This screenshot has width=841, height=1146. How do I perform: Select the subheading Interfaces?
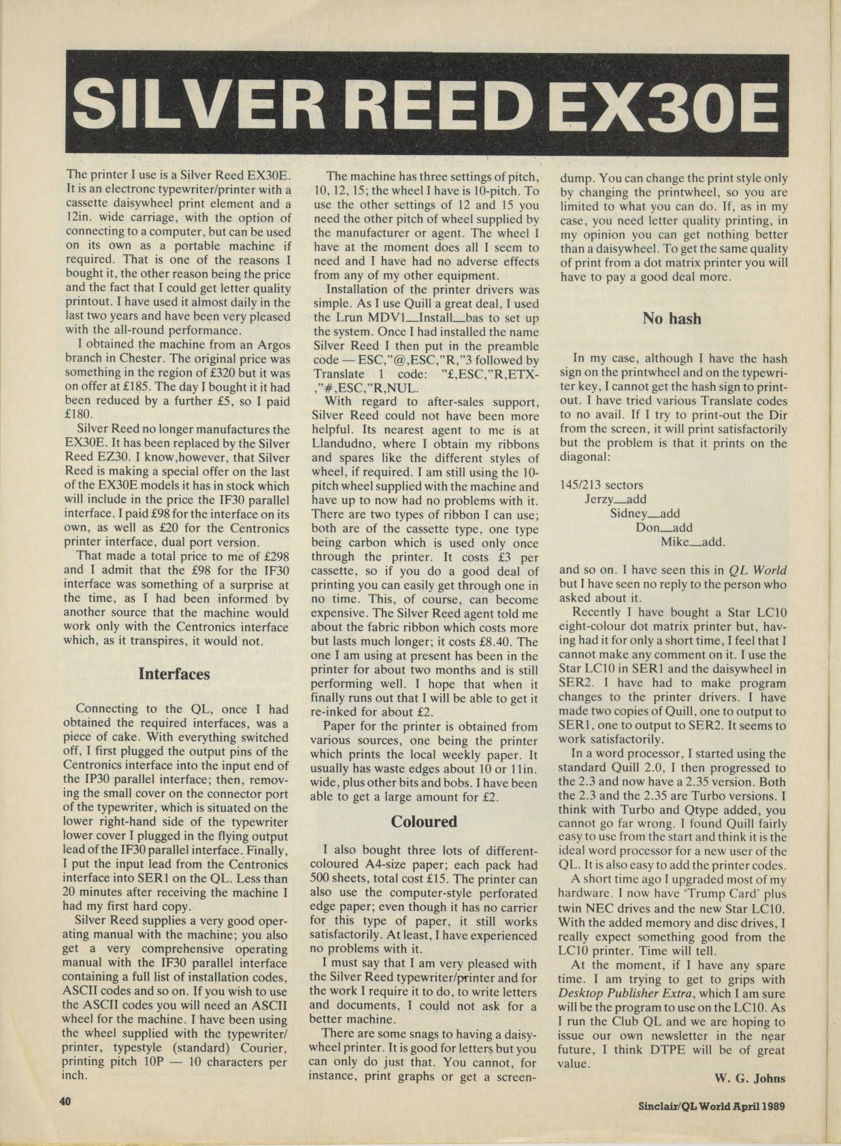pyautogui.click(x=174, y=674)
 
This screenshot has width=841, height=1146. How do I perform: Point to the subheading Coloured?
pyautogui.click(x=424, y=822)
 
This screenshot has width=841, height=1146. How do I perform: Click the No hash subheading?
pyautogui.click(x=672, y=318)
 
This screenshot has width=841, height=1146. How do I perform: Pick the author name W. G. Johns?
pyautogui.click(x=751, y=1078)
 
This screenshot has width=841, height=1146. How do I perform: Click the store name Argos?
pyautogui.click(x=272, y=344)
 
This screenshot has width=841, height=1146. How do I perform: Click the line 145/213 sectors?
pyautogui.click(x=601, y=485)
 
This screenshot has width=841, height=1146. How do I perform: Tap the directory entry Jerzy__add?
pyautogui.click(x=616, y=499)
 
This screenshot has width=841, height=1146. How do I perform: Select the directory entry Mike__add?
pyautogui.click(x=693, y=542)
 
